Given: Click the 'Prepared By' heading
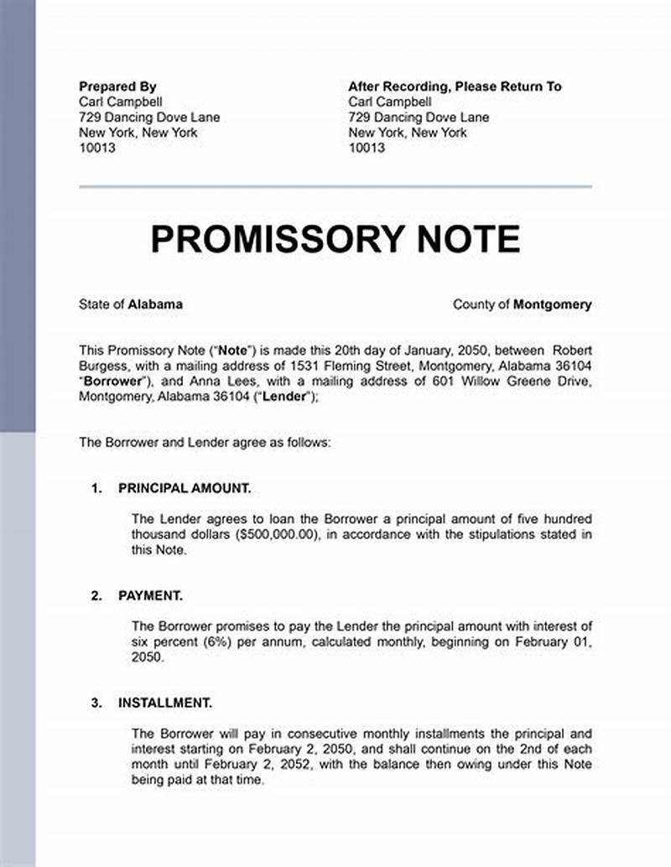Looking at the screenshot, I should (117, 86).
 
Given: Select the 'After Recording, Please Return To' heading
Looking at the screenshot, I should (455, 86).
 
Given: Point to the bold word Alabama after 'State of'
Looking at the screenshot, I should (155, 304).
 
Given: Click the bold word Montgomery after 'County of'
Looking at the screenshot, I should (552, 304).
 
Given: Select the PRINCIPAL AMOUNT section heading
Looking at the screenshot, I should (185, 488).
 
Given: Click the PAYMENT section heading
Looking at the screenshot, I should (150, 595).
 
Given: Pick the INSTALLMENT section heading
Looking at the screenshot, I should (165, 703).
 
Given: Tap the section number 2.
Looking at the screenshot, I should (96, 595).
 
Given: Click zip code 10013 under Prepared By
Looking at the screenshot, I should (97, 148).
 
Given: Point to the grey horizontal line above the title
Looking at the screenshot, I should (335, 186).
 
